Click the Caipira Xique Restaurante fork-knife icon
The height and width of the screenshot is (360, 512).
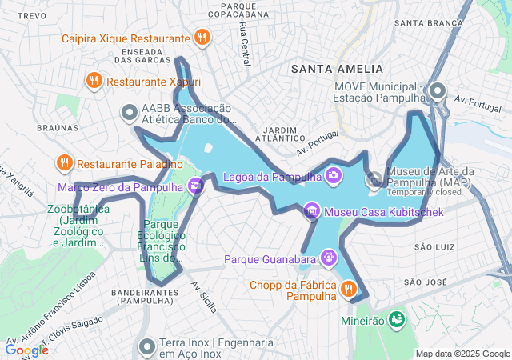[202, 37]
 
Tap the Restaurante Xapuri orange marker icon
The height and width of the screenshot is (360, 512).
[94, 81]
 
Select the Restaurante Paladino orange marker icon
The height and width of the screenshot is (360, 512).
[64, 163]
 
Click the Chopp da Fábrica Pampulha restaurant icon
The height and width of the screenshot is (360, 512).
[349, 289]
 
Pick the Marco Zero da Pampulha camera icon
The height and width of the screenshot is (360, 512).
[196, 187]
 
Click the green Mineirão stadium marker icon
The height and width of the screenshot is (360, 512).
[395, 319]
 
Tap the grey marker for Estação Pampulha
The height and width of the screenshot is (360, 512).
[437, 90]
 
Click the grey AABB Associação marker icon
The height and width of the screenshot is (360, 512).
[128, 114]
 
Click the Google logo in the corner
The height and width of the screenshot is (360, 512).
[26, 350]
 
